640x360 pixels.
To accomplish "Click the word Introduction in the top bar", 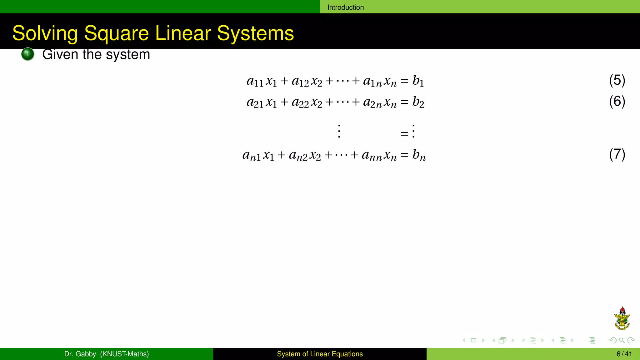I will coord(345,7).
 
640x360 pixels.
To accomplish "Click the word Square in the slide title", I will coord(116,33).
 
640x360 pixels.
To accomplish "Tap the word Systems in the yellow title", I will coord(255,33).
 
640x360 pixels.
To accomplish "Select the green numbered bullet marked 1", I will coord(27,54).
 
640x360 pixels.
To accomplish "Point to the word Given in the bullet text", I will coord(60,54).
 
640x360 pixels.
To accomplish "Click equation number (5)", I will coord(617,80).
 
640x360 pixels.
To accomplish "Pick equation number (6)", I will coord(617,102).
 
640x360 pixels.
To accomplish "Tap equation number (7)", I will coord(617,154).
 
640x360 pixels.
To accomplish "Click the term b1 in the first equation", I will coord(418,81).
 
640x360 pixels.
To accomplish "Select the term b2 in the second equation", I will coord(418,102).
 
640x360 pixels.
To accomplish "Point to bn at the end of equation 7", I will coord(419,155).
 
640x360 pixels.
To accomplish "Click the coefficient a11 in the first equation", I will coord(255,81).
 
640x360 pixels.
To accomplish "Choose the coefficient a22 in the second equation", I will coord(300,102).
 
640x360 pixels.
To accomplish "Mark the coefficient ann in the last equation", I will coord(372,155).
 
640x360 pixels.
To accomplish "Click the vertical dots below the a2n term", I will coord(339,131).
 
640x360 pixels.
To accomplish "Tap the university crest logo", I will coord(622,318).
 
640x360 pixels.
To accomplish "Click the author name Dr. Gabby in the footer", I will coord(80,354).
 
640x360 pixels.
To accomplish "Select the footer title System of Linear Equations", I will coord(320,354).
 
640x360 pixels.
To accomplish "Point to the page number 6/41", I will coord(624,354).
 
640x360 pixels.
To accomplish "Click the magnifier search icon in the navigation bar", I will coord(622,340).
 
